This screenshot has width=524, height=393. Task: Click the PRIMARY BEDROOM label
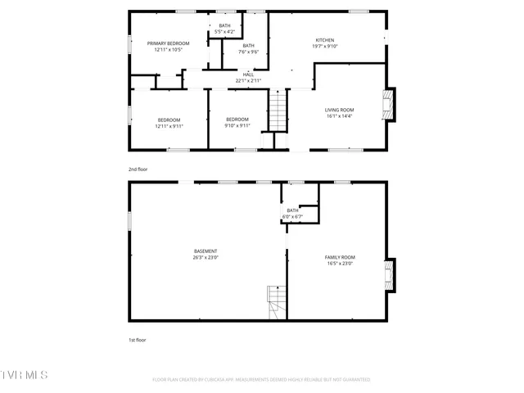(x=168, y=43)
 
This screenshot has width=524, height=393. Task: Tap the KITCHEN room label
(x=326, y=39)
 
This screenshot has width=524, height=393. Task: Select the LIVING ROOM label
(x=339, y=110)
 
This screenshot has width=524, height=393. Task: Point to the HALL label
(x=248, y=75)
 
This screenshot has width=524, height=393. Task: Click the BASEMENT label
(x=206, y=251)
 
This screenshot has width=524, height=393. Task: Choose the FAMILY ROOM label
(x=339, y=257)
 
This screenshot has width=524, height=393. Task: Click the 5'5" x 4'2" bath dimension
(x=224, y=32)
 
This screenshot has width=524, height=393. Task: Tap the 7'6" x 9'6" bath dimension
(x=248, y=52)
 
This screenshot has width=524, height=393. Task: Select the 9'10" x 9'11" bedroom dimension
(x=237, y=126)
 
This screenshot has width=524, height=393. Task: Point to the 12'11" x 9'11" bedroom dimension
(x=169, y=126)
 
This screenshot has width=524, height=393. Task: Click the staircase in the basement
(x=277, y=302)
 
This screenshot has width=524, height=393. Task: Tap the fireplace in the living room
(x=390, y=104)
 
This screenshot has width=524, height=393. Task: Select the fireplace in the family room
(x=390, y=274)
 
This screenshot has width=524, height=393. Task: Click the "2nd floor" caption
(x=138, y=169)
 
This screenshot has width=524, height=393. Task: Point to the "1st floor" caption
(x=137, y=339)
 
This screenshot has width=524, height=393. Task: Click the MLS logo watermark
(x=25, y=376)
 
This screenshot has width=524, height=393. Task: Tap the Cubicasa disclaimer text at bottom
(x=261, y=380)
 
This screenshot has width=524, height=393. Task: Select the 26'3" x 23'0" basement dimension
(x=206, y=257)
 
